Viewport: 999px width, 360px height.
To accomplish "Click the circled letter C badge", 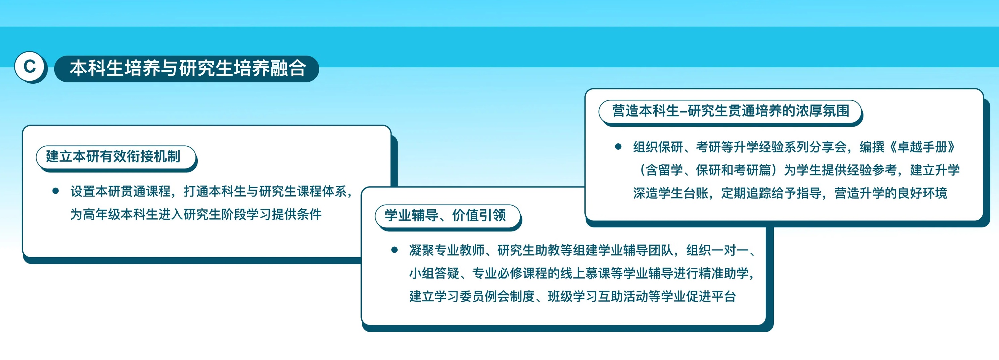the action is (30, 66).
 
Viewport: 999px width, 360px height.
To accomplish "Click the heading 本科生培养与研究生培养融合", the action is (188, 68).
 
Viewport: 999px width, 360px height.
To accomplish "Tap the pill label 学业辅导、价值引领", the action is (447, 216).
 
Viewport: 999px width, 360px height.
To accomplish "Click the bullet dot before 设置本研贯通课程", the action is (56, 191).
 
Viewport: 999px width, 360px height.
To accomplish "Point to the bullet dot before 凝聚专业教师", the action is (394, 250).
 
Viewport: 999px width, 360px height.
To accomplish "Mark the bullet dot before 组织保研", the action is (618, 147).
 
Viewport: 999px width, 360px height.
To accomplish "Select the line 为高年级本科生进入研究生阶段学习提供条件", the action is (196, 214).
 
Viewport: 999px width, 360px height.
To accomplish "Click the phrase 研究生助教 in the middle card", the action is (528, 250).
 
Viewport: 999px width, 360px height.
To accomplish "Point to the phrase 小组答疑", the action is (434, 273).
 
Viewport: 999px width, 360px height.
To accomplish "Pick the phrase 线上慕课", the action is (585, 273).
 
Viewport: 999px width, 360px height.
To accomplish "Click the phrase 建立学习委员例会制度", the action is (472, 296).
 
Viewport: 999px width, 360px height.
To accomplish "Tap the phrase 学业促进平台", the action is (698, 296).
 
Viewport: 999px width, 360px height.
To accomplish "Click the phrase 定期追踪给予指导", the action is (771, 193).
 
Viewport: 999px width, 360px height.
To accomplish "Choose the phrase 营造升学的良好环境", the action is (891, 193).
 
